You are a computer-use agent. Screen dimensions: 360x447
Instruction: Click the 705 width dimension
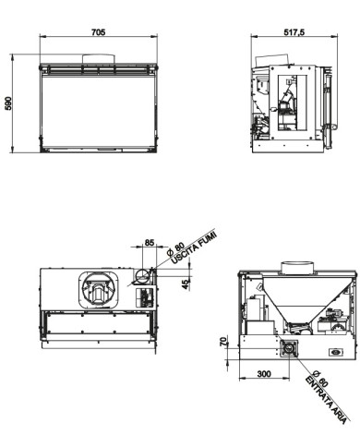pos(99,31)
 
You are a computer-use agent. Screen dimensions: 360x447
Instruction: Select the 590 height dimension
pos(10,105)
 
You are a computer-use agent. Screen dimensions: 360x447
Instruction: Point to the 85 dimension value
pos(149,245)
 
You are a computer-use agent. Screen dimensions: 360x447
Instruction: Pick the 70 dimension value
pos(224,342)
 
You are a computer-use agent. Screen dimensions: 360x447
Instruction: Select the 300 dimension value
pos(264,375)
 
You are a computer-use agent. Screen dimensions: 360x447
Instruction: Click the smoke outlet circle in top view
pos(143,275)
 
